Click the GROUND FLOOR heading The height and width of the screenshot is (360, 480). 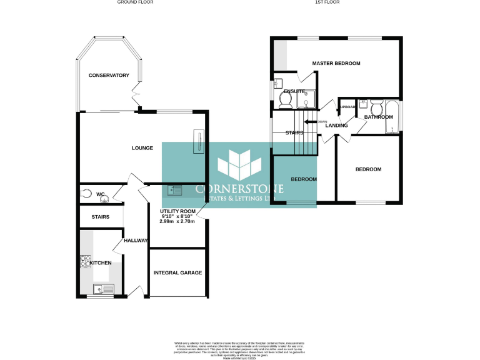click(x=135, y=2)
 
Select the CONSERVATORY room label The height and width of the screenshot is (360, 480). click(x=108, y=76)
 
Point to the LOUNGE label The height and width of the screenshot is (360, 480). click(x=142, y=148)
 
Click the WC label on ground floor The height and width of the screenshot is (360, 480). click(x=99, y=194)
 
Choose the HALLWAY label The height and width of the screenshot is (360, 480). click(x=136, y=241)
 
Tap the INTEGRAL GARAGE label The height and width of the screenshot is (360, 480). click(x=177, y=273)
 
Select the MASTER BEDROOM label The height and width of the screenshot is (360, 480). click(x=336, y=63)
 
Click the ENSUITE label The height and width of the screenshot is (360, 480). click(x=294, y=92)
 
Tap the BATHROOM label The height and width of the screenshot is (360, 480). click(x=378, y=117)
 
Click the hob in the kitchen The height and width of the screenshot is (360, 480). click(x=85, y=262)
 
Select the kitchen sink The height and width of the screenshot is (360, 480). click(x=103, y=288)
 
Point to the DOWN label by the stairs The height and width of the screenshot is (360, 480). click(x=322, y=122)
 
